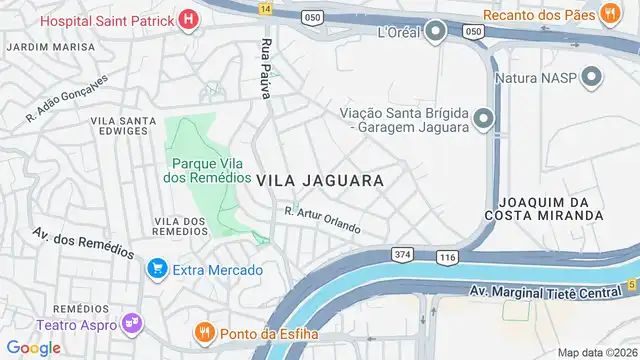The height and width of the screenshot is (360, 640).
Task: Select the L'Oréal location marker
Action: (x=435, y=32)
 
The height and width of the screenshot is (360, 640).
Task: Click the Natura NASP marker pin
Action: (x=592, y=76)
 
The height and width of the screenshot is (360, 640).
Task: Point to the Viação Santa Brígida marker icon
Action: (x=485, y=121)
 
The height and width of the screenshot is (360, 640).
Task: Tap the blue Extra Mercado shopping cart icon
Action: (x=156, y=269)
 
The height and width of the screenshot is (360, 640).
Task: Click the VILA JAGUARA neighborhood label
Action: (x=320, y=181)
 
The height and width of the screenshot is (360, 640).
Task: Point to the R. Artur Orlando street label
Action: (x=322, y=219)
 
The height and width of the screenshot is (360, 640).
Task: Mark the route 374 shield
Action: (x=402, y=254)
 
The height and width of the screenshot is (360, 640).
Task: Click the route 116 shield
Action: (x=446, y=258)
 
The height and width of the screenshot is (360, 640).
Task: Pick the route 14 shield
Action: (x=265, y=7)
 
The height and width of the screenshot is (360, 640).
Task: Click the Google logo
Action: (x=33, y=347)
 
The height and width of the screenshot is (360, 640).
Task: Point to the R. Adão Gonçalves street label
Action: (x=65, y=101)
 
